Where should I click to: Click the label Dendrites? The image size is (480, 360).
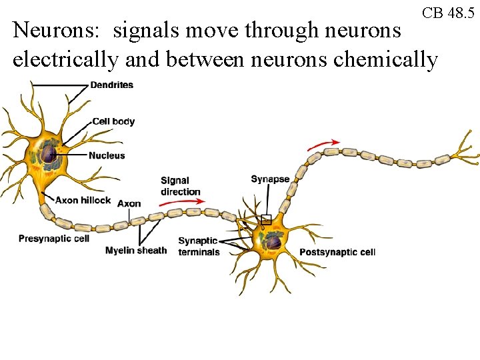point(111,85)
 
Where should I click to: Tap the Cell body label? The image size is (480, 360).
point(113,121)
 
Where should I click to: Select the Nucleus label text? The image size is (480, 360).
point(107,156)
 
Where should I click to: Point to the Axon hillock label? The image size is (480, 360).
point(83,200)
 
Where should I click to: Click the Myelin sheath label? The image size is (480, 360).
point(136,251)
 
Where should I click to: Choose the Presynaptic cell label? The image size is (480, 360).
point(53,239)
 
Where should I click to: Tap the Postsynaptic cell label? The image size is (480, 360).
point(337,252)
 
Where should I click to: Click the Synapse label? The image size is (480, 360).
point(270,179)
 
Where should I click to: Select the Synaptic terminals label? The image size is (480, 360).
point(199,246)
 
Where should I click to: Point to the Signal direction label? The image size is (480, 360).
point(180,186)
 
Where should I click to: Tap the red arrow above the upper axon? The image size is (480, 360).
point(323,143)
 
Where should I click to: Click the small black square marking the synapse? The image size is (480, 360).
point(266,219)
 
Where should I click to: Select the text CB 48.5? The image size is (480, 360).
point(449,13)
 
